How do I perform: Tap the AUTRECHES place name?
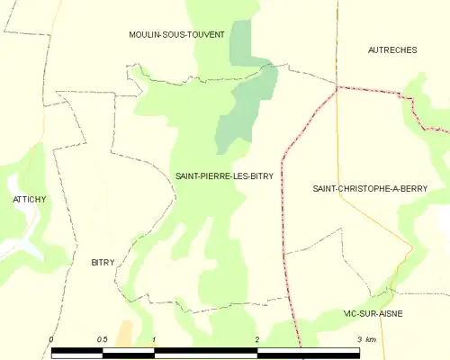[x=392, y=50]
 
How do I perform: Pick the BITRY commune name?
[x=104, y=262]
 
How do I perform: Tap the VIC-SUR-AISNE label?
[x=373, y=313]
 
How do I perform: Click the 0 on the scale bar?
[x=51, y=339]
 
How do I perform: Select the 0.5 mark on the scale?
[x=102, y=339]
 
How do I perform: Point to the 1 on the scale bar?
[x=155, y=339]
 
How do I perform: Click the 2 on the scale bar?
[x=257, y=339]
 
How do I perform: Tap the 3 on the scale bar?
[x=360, y=339]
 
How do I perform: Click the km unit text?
[x=371, y=339]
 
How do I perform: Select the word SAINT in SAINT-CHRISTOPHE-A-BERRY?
[x=325, y=189]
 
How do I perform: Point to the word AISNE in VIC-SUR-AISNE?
[x=390, y=313]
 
